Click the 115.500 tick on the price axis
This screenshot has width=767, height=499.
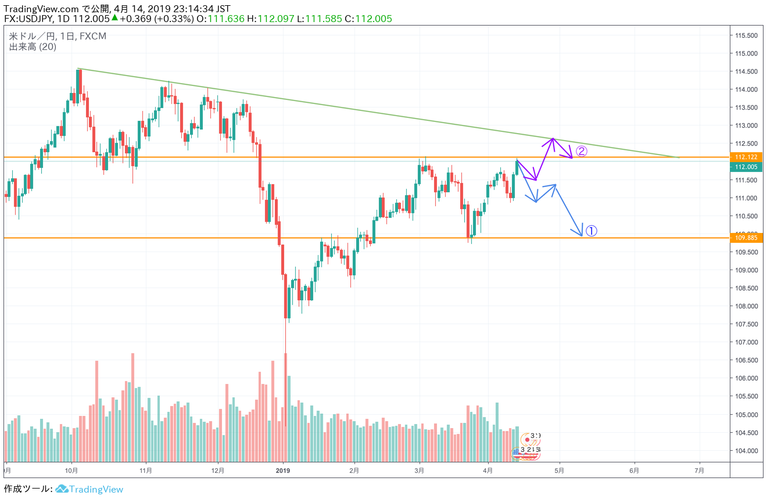pyautogui.click(x=746, y=35)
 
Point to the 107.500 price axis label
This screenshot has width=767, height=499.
pyautogui.click(x=746, y=324)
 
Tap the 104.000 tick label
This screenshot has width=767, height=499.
pyautogui.click(x=746, y=451)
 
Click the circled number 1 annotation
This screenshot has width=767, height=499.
pyautogui.click(x=590, y=231)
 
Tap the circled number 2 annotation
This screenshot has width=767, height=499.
pyautogui.click(x=582, y=152)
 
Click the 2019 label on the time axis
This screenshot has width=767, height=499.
pyautogui.click(x=283, y=471)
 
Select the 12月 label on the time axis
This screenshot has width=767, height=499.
pyautogui.click(x=217, y=471)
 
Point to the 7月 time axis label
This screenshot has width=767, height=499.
pyautogui.click(x=699, y=471)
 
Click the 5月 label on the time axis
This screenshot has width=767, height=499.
pyautogui.click(x=559, y=471)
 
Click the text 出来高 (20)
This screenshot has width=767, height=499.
pyautogui.click(x=33, y=47)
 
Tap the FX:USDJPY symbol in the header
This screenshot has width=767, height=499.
pyautogui.click(x=28, y=19)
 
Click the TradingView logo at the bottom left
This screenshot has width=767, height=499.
pyautogui.click(x=89, y=489)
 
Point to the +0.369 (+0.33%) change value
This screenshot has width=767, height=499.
pyautogui.click(x=156, y=19)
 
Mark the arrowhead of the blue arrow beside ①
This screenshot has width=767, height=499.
pyautogui.click(x=580, y=235)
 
